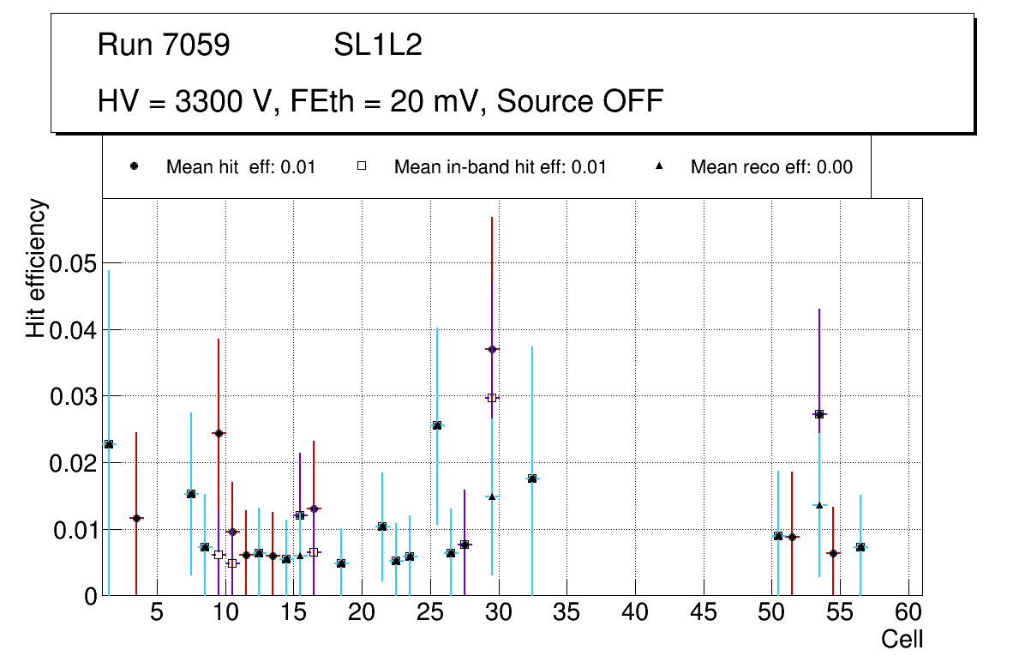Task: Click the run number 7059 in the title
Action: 196,45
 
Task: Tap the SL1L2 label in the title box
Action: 377,45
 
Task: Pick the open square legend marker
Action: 363,167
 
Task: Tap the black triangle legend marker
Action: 659,167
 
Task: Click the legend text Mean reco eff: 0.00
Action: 771,167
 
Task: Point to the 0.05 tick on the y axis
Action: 72,263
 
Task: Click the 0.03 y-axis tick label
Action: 72,396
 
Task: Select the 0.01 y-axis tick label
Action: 72,530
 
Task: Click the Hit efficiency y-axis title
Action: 36,268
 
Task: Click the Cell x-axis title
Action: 902,640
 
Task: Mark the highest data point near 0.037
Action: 492,349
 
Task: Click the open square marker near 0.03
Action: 492,398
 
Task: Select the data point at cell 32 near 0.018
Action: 532,478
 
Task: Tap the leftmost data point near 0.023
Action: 109,444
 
